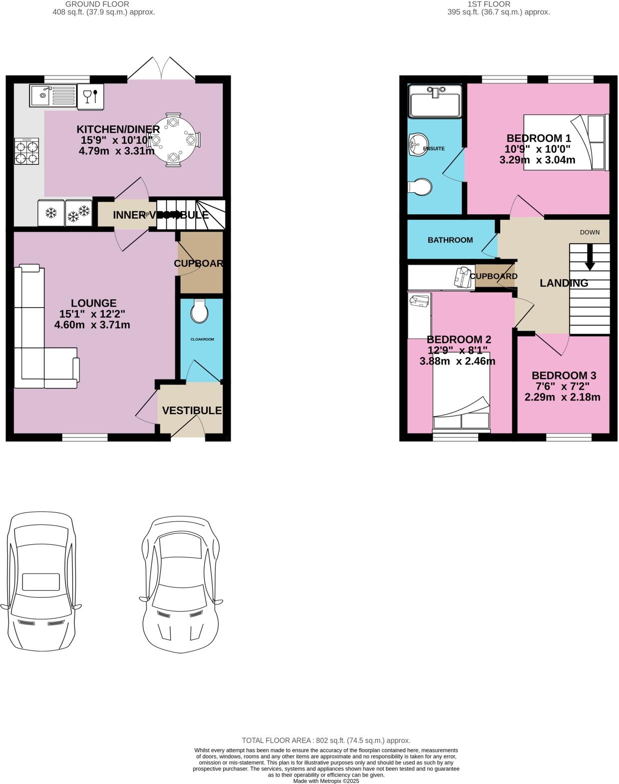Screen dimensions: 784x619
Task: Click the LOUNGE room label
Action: click(93, 303)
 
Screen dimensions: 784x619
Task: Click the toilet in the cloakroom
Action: click(200, 312)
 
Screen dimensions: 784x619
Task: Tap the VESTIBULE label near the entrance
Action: click(192, 410)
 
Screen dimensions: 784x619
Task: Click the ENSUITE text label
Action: click(434, 148)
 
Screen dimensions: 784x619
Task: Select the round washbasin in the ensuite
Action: click(416, 145)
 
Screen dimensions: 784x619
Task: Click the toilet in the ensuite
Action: click(421, 187)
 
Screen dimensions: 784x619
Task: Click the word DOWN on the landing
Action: click(590, 232)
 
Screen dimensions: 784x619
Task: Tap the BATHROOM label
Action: click(450, 240)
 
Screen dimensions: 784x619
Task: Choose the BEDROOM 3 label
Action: click(564, 376)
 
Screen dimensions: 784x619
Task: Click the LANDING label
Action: click(564, 283)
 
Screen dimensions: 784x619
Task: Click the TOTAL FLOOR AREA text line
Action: click(326, 741)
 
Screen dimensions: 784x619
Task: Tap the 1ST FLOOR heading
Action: click(489, 4)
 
